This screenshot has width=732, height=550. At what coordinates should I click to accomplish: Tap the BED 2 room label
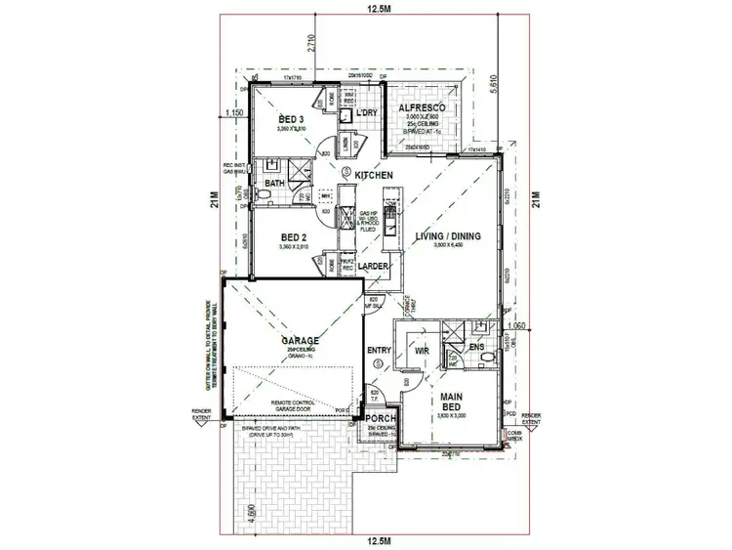pyautogui.click(x=293, y=236)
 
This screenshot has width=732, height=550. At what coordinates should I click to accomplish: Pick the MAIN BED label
pyautogui.click(x=454, y=402)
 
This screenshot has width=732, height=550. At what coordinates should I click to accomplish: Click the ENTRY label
pyautogui.click(x=379, y=350)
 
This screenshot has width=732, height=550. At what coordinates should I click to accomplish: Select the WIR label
pyautogui.click(x=423, y=348)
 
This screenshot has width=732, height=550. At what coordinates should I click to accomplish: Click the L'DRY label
pyautogui.click(x=367, y=114)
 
